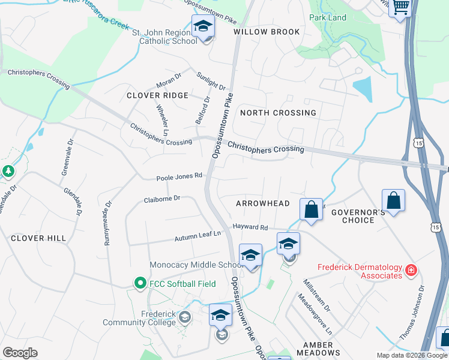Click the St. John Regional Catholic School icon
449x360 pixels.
[x=203, y=27]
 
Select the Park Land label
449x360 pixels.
[x=328, y=17]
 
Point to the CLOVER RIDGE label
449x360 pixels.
[x=157, y=95]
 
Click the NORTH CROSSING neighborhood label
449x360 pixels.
[x=278, y=113]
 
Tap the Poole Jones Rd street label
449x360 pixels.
[x=179, y=178]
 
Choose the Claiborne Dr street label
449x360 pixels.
[x=162, y=199]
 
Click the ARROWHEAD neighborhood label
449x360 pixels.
[x=263, y=204]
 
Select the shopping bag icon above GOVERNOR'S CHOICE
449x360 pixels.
[x=393, y=201]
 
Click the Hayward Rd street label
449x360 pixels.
[x=250, y=227]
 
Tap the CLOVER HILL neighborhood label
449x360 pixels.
[x=38, y=238]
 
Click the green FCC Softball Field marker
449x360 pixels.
[x=140, y=282]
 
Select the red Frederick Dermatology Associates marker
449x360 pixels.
[x=411, y=271]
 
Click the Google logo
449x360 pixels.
[x=20, y=353]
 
